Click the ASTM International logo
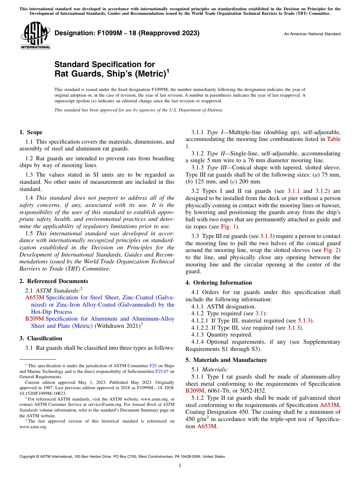click(x=35, y=36)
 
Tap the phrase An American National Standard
click(x=312, y=34)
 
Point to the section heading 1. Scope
click(x=31, y=132)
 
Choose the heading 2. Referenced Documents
click(x=53, y=281)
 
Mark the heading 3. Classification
click(x=41, y=338)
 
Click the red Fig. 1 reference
click(x=229, y=227)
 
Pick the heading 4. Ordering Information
click(x=219, y=283)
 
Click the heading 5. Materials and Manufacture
click(x=226, y=360)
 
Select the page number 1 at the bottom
click(x=180, y=466)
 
